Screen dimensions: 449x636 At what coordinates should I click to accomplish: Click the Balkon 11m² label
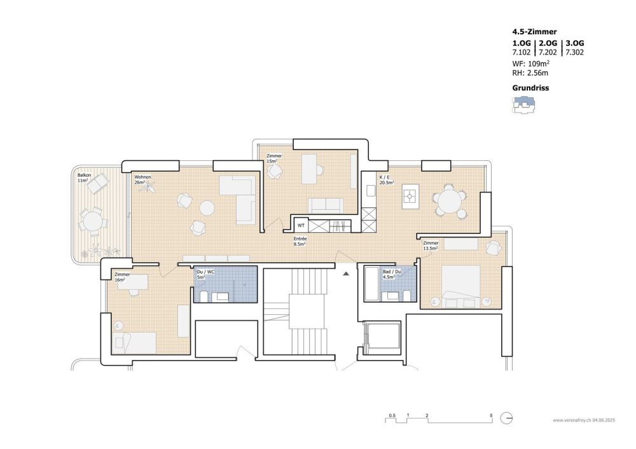point(83,177)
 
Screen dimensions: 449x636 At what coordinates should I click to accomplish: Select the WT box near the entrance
point(301,225)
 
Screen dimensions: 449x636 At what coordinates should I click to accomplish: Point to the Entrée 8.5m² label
point(300,242)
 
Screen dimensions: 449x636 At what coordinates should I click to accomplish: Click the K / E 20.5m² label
point(386,179)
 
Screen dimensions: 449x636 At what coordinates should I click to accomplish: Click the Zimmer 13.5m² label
point(431,245)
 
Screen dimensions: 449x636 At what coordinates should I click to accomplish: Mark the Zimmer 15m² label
point(274,158)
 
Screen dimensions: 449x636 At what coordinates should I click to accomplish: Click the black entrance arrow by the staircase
point(346,274)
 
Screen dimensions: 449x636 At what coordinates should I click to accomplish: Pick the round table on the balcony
point(93,222)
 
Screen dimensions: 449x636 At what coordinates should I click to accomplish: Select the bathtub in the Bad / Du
point(371,284)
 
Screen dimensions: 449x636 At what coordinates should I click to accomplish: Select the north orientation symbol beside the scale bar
point(506,418)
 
